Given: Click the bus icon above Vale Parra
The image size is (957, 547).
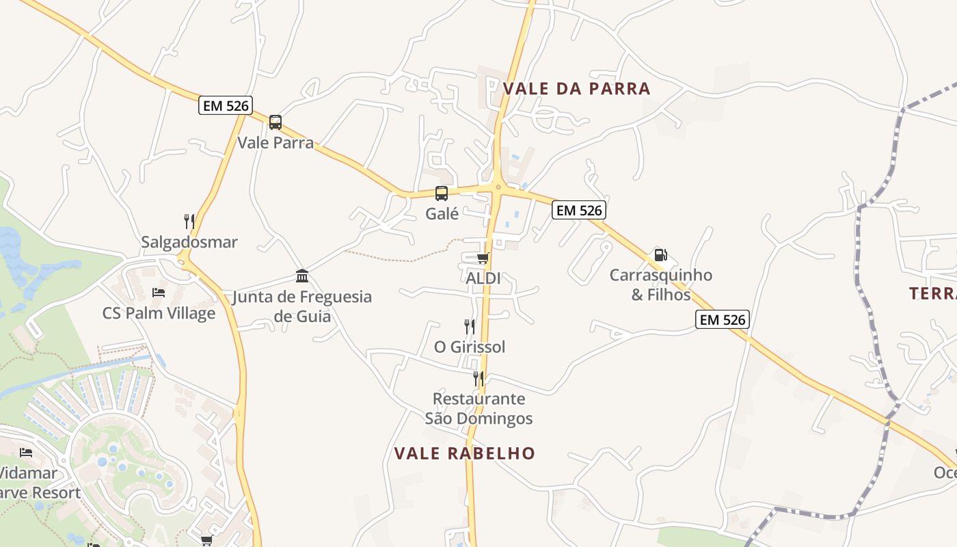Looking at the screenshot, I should point(275,122).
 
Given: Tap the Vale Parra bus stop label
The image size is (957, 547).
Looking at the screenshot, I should point(275,143).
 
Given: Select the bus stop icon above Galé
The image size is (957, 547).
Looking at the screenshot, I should point(442,194).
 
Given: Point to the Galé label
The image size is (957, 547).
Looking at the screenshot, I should point(442,213).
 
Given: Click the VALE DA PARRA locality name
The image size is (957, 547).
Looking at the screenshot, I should point(576,89).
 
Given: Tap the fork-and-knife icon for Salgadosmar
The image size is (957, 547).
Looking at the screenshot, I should point(189,221).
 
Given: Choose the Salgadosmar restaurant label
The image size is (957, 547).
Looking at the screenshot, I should point(189,242).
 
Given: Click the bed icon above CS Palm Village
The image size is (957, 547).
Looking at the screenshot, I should point(159,293).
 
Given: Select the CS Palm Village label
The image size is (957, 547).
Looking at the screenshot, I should point(159,313).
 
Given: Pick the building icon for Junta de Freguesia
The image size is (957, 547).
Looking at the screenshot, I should point(302,276).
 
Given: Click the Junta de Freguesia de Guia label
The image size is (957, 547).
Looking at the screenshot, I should point(302,306).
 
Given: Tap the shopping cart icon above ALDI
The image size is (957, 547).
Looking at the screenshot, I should point(483,258).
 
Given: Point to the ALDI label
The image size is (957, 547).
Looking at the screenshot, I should point(483,278).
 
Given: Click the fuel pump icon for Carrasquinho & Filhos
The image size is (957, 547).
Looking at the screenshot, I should point(660,255).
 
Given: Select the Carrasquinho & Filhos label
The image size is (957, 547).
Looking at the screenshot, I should point(661,285).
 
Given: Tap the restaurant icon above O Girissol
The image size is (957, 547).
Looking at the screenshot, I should point(470,326).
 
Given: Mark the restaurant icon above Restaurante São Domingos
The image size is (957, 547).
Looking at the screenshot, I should point(478,378).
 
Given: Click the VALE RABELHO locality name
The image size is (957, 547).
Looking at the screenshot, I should point(465,453).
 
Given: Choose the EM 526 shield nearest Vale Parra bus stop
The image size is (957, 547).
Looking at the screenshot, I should point(226,105).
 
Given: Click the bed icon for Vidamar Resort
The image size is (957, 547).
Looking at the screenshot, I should point(26,452).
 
